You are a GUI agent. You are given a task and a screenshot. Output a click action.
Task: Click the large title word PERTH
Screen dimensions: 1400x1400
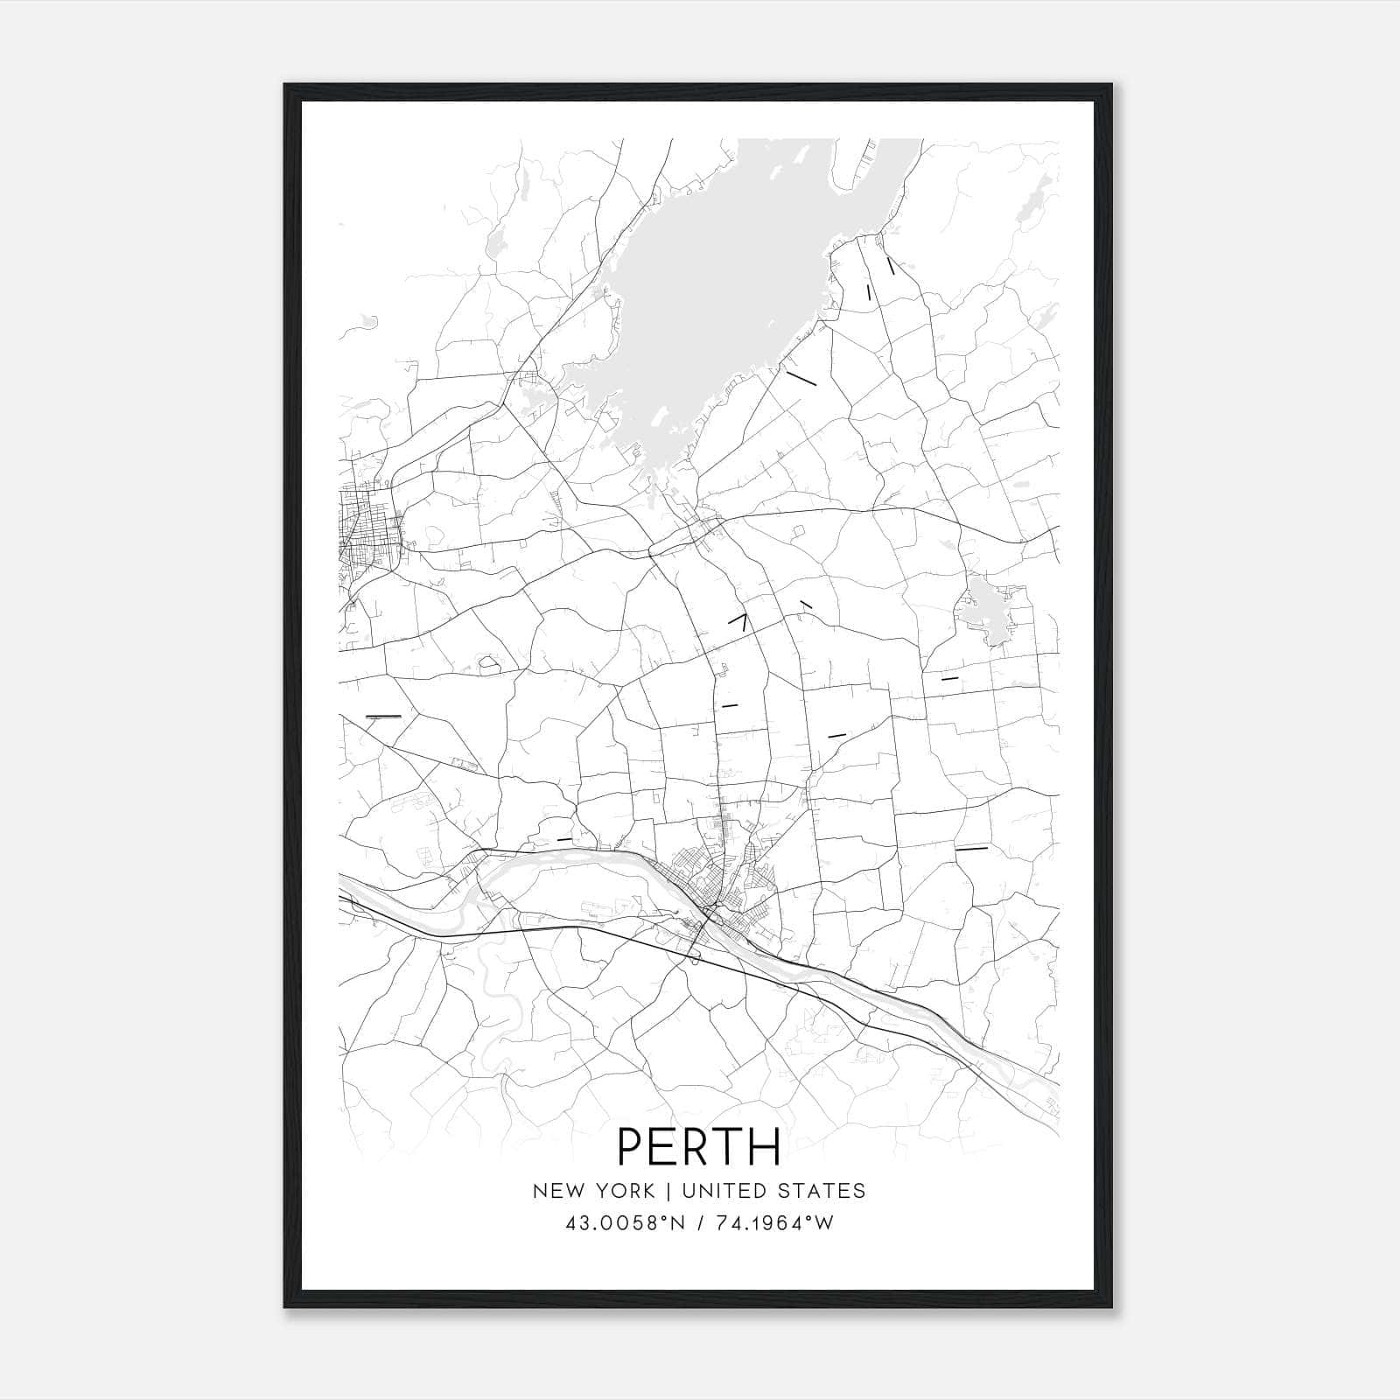[699, 1146]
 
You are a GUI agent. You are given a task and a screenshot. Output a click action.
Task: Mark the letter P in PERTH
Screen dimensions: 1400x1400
[633, 1146]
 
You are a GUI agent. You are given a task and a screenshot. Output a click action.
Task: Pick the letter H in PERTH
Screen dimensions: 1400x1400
[766, 1146]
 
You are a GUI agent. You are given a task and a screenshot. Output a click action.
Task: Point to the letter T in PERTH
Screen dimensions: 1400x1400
[731, 1146]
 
